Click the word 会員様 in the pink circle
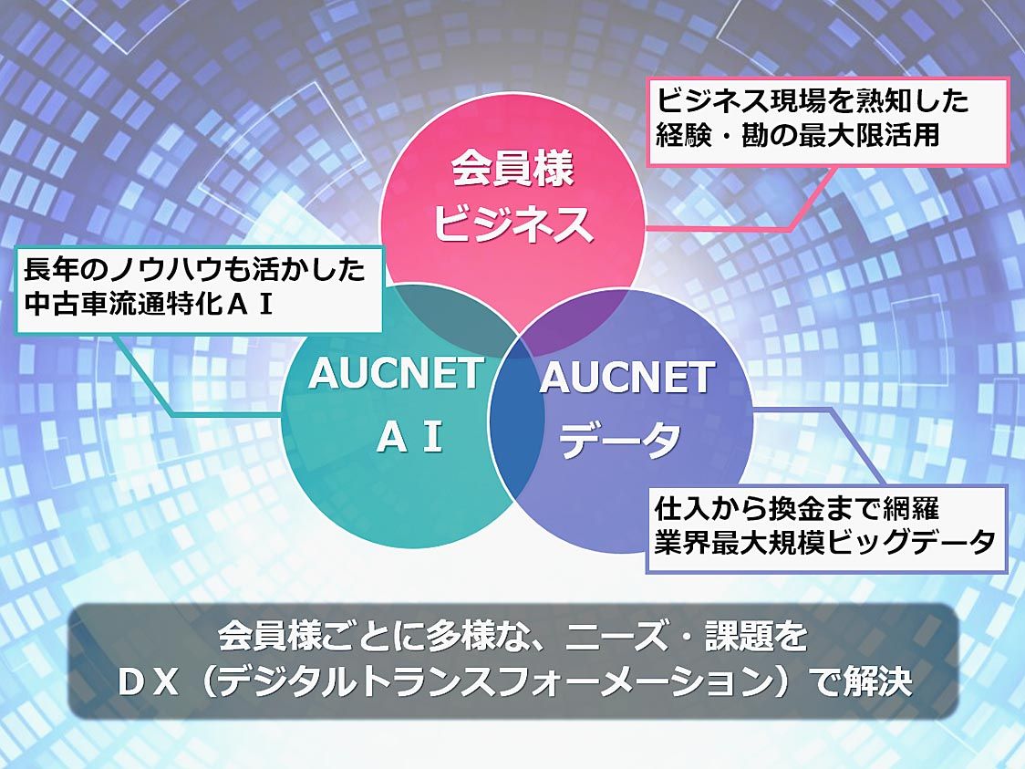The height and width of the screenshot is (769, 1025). click(512, 169)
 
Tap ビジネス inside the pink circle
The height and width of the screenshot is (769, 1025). click(512, 223)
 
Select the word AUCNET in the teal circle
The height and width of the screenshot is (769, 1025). click(397, 373)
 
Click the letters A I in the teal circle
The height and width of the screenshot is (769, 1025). click(409, 437)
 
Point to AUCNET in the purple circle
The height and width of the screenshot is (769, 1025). click(626, 378)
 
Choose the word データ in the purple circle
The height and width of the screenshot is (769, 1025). click(620, 440)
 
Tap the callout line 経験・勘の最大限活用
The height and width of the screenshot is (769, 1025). click(798, 135)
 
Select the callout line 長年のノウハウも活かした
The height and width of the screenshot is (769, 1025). click(194, 269)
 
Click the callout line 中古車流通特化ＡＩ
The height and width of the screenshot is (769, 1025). click(149, 304)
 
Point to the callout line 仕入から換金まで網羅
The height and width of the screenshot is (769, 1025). click(797, 507)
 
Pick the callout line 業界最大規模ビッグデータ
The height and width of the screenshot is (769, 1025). click(825, 542)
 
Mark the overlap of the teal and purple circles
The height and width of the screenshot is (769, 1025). click(516, 426)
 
